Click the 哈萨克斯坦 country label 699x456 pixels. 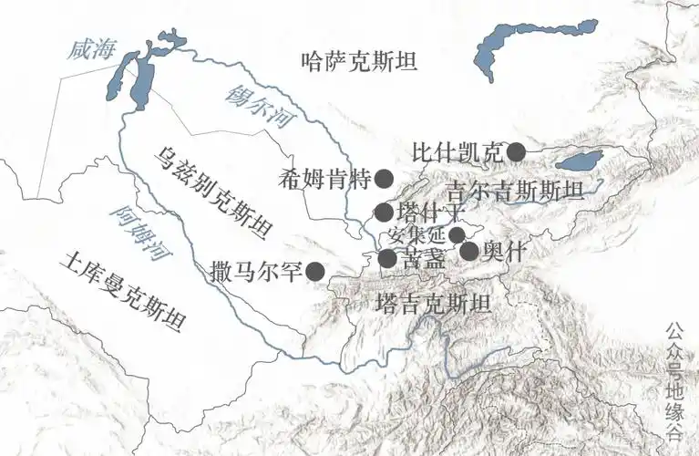[358, 62]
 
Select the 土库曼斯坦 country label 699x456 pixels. [120, 292]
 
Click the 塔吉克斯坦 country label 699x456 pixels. [434, 303]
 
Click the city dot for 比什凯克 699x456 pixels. [516, 152]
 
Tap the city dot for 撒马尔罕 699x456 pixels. [315, 271]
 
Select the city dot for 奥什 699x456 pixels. [469, 251]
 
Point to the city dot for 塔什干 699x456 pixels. [384, 212]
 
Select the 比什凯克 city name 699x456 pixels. [457, 152]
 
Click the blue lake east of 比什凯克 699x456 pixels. [580, 162]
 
